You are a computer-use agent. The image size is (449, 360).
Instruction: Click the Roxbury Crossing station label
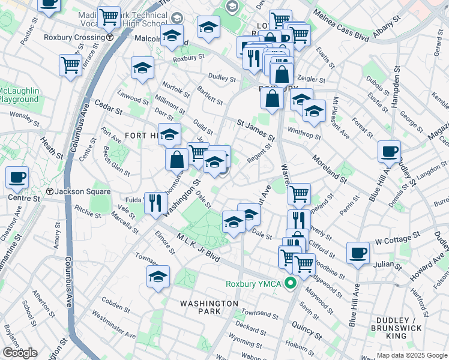click(74, 37)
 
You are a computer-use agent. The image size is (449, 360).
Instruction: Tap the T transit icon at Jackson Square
click(50, 192)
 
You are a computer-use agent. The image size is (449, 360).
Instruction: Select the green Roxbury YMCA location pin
click(291, 284)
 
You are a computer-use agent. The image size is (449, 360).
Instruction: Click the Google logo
click(20, 353)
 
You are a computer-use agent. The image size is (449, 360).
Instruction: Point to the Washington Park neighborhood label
click(208, 304)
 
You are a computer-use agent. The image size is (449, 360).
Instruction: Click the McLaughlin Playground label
click(19, 95)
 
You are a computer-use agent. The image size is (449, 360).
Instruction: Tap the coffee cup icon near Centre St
click(17, 177)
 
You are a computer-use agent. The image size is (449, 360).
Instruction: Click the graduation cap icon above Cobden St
click(158, 276)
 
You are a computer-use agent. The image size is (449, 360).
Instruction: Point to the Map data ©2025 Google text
click(412, 355)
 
